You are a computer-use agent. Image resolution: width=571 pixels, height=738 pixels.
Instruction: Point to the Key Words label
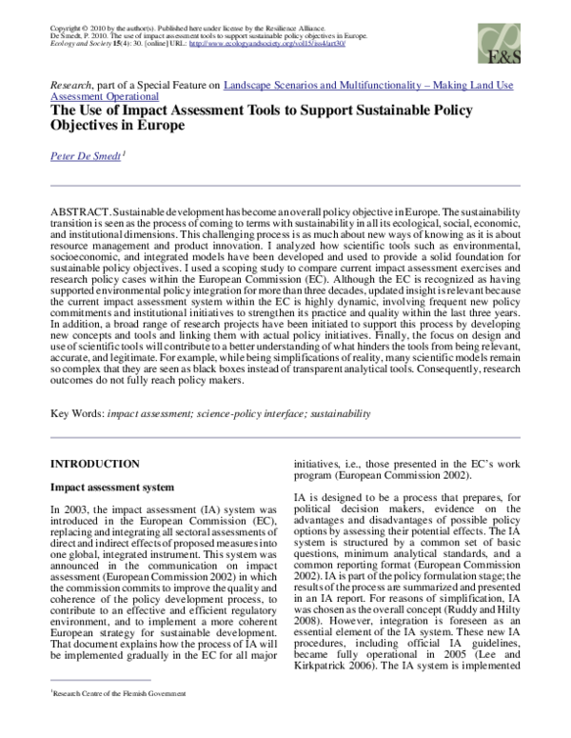[76, 414]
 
